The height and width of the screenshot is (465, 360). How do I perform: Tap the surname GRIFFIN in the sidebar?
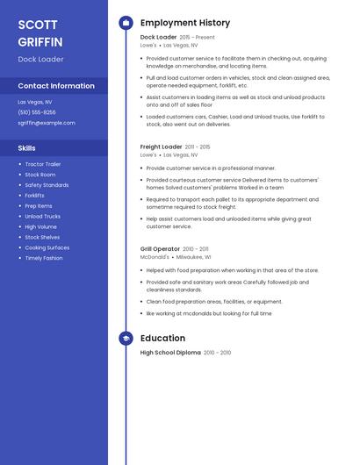[40, 41]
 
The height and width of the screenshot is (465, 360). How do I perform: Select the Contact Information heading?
[56, 86]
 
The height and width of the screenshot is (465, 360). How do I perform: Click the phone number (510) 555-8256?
[37, 112]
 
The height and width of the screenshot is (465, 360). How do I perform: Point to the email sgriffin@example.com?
[47, 123]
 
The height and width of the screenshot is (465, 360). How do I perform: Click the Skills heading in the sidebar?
[27, 148]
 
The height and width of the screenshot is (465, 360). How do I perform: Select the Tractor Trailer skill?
[43, 164]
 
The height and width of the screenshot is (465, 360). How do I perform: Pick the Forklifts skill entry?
[35, 196]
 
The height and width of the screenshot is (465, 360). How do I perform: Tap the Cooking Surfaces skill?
[47, 247]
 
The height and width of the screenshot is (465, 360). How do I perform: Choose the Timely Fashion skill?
[44, 258]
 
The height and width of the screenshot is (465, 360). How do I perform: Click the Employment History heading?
[185, 23]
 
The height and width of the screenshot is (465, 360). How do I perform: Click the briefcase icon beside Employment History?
[126, 23]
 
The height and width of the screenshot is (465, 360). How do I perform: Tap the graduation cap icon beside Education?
[126, 338]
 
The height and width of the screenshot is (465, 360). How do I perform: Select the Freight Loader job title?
[162, 147]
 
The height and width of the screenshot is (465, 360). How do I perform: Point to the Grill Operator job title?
[160, 249]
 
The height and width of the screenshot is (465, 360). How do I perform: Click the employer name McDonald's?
[155, 257]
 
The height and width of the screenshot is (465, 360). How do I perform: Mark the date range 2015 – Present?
[197, 38]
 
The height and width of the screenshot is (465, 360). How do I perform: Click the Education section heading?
[162, 338]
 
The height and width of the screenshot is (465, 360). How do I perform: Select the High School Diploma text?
[170, 353]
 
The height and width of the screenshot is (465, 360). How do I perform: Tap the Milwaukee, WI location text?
[194, 257]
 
